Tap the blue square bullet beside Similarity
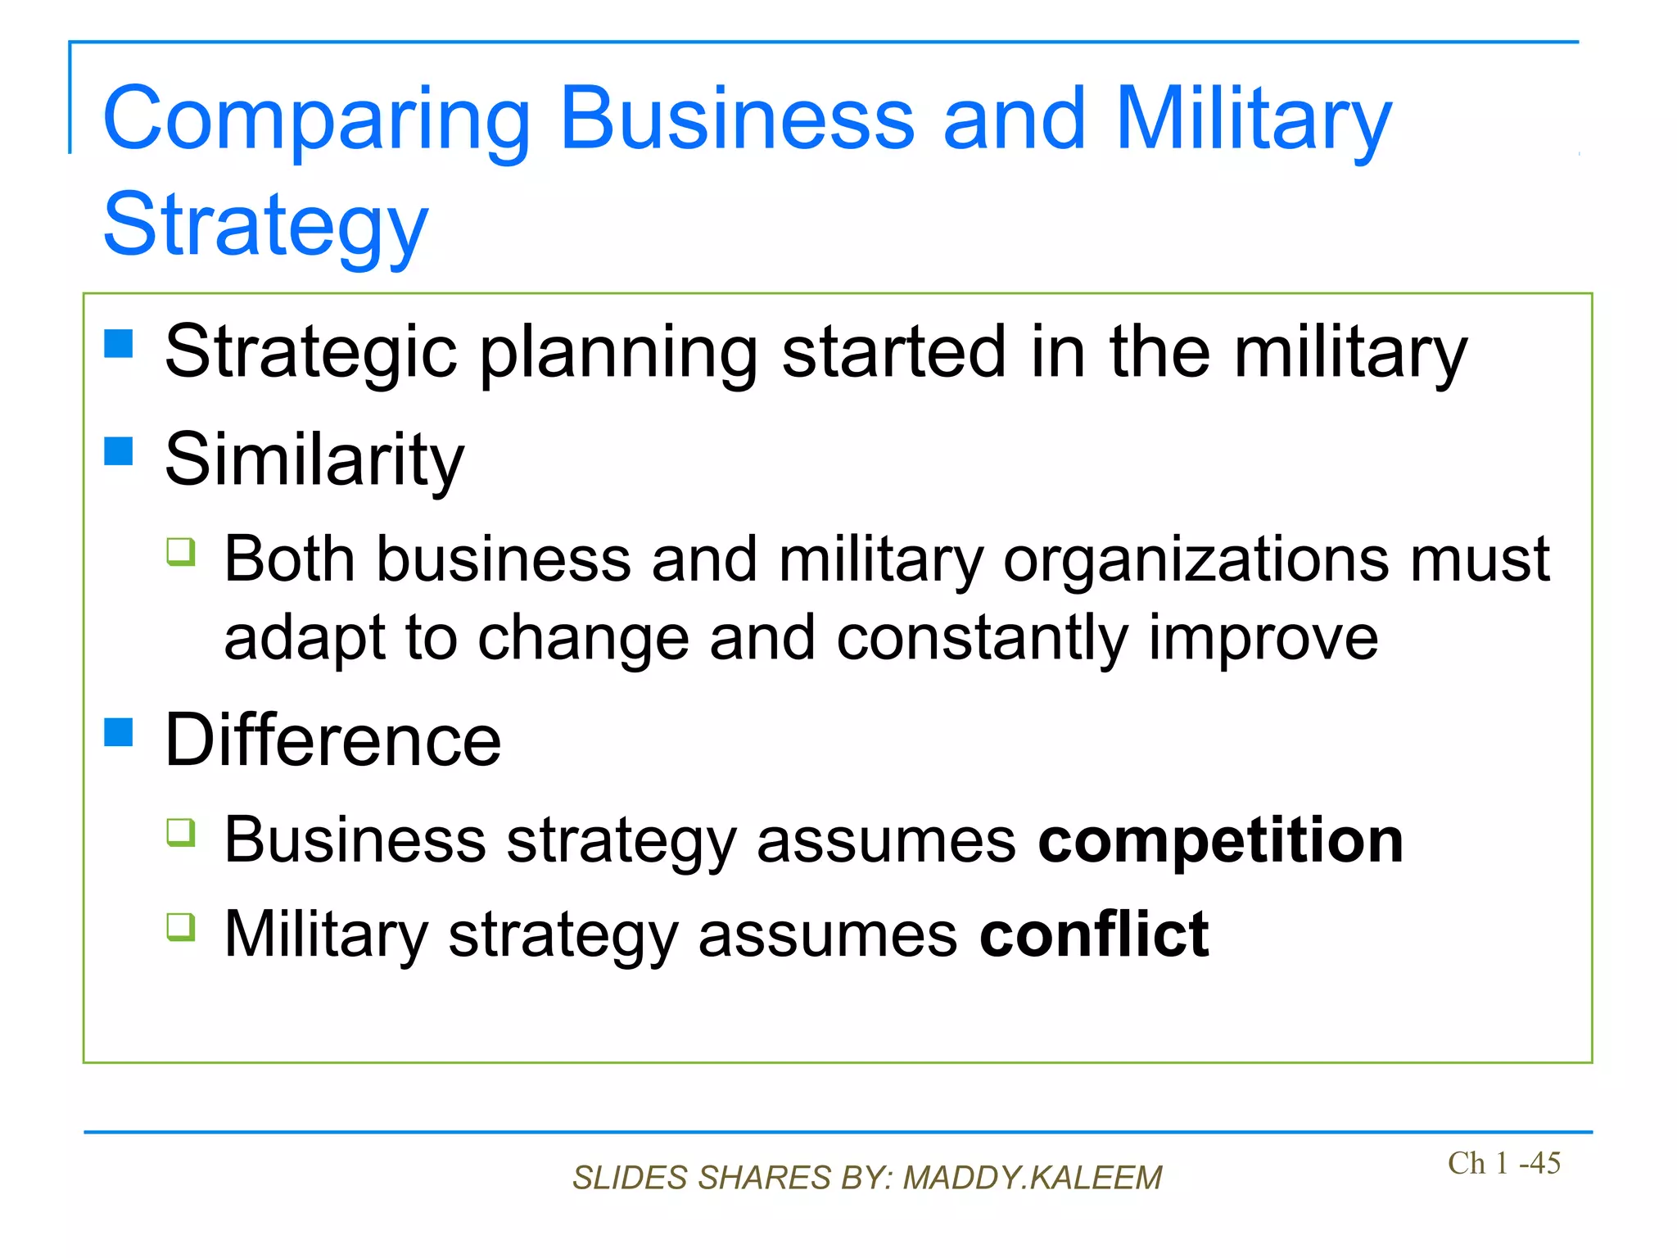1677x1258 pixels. coord(119,450)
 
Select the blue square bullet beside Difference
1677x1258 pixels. coord(119,731)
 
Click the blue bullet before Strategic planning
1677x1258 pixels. coord(119,344)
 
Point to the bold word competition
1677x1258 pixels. coord(1220,841)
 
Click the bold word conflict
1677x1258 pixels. coord(1094,934)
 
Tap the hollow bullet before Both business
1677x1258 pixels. coord(181,551)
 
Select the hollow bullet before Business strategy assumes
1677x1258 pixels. coord(181,832)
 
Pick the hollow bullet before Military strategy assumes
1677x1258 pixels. coord(181,927)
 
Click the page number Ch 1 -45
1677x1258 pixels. coord(1503,1163)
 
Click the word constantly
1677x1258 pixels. coord(982,639)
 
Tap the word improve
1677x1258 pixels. coord(1263,639)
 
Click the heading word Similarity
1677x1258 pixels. coord(314,460)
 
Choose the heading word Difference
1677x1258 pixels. coord(332,740)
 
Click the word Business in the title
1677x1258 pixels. coord(737,120)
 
